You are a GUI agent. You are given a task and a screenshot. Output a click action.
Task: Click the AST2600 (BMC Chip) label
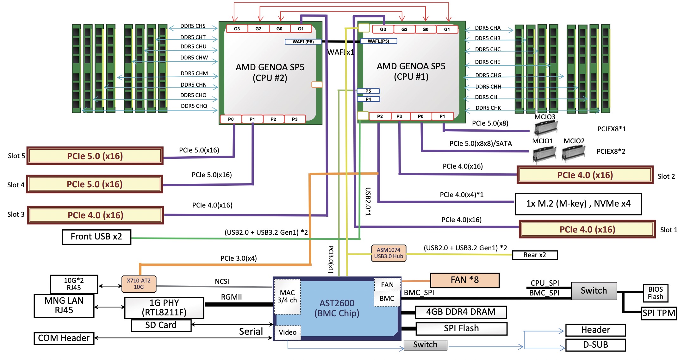coord(337,308)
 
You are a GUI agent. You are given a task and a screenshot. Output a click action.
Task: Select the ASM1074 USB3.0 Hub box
coord(389,253)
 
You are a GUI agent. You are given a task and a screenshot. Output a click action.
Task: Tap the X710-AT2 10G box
coord(139,284)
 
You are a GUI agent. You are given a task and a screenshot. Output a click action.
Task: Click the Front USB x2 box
coord(96,237)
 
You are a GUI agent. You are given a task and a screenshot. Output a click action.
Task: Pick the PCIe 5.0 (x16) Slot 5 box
coord(95,156)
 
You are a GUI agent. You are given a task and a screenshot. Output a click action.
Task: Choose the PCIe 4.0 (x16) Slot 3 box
coord(95,215)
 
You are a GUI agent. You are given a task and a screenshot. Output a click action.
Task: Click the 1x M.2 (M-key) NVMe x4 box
coord(578,204)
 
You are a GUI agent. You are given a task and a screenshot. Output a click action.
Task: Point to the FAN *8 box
coord(464,280)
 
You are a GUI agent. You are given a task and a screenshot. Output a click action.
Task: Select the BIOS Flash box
coord(655,293)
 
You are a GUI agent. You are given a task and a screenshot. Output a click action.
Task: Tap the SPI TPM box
coord(659,313)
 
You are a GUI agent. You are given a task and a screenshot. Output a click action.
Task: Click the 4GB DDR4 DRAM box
coord(461,312)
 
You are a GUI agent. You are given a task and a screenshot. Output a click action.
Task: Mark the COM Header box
coord(64,338)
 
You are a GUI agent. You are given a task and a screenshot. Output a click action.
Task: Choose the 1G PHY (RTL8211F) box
coord(164,308)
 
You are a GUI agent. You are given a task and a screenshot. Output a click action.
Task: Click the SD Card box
coord(161,325)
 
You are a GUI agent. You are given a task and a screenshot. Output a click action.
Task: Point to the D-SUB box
coord(595,345)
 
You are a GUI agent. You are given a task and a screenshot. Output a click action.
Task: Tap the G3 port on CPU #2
coord(237,29)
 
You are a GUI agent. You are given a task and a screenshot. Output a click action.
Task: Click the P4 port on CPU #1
coord(368,99)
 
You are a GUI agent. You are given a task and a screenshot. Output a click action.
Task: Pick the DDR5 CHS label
coord(193,26)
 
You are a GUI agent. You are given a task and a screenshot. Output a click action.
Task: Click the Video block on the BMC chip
coord(288,332)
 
